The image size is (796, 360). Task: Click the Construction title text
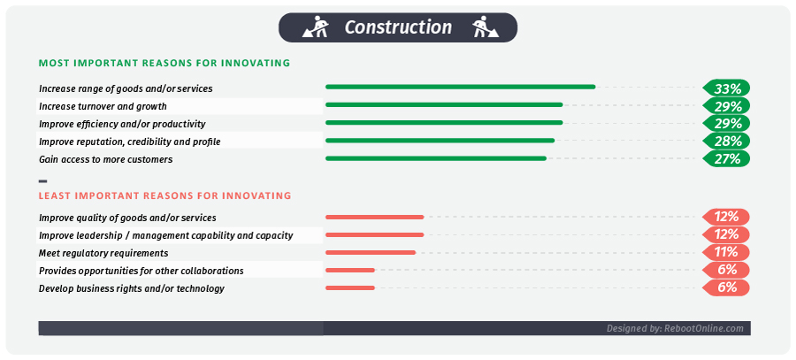(398, 27)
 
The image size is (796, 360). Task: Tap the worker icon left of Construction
(316, 28)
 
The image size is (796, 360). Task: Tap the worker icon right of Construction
(481, 28)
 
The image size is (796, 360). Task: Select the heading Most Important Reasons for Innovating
(165, 64)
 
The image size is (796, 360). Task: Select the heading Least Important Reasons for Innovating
(165, 195)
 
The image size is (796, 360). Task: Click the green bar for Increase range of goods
(460, 87)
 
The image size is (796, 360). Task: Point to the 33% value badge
(727, 88)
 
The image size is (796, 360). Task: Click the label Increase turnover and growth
(103, 106)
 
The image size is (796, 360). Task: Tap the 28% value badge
(727, 142)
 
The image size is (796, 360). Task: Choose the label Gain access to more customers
(105, 159)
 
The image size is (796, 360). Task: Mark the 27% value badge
(727, 159)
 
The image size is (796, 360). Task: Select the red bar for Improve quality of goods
(374, 217)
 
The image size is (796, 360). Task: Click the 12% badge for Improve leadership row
(727, 234)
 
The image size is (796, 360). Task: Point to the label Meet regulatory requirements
(103, 253)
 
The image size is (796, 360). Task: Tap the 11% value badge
(727, 252)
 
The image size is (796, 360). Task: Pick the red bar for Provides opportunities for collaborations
(350, 270)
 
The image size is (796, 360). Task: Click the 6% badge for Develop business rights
(727, 287)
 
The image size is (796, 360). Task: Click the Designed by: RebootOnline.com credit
(674, 328)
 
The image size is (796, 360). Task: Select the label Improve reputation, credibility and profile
(129, 142)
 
